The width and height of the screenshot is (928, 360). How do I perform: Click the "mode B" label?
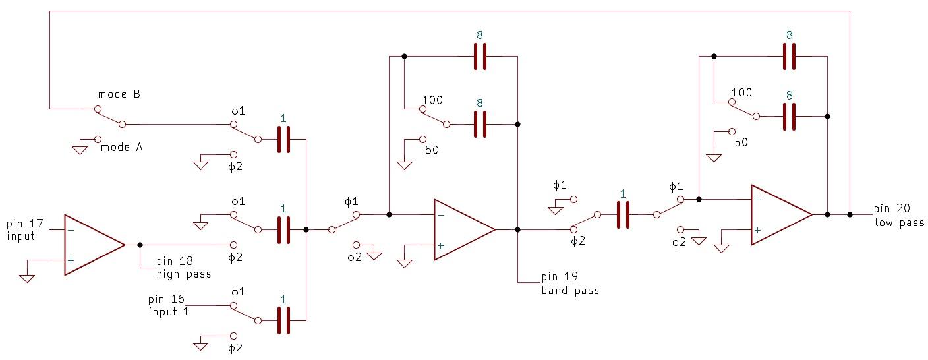(119, 94)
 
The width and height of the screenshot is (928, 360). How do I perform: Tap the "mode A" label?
(121, 147)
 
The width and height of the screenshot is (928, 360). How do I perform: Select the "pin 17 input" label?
(25, 230)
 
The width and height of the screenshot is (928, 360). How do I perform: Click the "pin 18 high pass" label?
(183, 268)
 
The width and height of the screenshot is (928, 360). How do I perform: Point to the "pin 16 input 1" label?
(169, 305)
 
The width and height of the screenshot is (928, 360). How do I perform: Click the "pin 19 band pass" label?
(570, 284)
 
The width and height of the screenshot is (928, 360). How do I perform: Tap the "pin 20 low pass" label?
(899, 216)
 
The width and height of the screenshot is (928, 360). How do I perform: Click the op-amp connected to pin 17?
(94, 245)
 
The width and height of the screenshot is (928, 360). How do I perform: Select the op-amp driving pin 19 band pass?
(465, 230)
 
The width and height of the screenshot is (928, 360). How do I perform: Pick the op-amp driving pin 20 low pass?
(782, 214)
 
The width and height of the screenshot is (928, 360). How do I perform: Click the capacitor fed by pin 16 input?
(283, 320)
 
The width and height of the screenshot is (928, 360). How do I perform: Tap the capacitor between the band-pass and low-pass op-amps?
(623, 214)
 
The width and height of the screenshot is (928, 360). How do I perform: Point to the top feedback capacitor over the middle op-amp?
(480, 56)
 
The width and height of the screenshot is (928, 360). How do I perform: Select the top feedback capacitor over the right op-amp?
(789, 56)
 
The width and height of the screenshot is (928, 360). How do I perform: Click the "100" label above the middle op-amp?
(432, 100)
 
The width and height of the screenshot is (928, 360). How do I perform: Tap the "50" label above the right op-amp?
(741, 142)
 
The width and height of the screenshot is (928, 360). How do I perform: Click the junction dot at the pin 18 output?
(140, 245)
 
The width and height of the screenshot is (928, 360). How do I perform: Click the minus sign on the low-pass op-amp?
(757, 200)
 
